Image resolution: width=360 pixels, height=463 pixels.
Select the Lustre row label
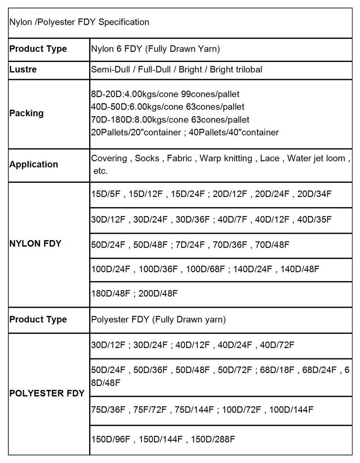tap(23, 69)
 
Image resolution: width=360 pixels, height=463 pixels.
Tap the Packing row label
tap(26, 113)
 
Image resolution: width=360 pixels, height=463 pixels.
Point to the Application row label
tap(33, 164)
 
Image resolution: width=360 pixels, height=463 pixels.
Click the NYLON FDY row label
tap(35, 243)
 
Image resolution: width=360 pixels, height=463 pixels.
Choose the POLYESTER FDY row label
tap(47, 393)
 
